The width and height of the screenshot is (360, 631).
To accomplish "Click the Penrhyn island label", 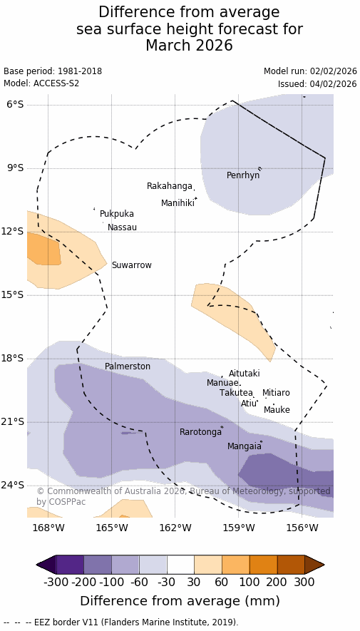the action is pos(243,175).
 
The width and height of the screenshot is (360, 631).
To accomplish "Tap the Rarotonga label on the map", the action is pos(201,432).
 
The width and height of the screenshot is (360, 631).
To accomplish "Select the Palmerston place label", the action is pos(128,366).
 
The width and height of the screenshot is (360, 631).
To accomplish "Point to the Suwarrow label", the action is pos(132,265).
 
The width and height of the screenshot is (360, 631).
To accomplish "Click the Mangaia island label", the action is pos(244,446).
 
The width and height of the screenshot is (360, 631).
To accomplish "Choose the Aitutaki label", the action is pos(244,374).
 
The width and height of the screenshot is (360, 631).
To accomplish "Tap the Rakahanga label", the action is pos(170,186).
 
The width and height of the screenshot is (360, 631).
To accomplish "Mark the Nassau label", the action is pos(123,227).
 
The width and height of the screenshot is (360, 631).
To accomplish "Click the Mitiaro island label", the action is pos(276,393).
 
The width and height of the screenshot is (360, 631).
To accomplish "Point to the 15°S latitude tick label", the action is pos(14,295).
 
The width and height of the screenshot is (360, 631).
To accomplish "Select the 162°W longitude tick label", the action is pos(175,528).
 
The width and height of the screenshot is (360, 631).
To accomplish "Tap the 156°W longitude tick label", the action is pos(302,528).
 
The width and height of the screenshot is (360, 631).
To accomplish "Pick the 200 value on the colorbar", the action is pos(277,582).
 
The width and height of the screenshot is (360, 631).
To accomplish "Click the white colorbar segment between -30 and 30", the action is pos(180,565).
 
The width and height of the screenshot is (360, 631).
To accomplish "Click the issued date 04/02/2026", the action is pos(333,84).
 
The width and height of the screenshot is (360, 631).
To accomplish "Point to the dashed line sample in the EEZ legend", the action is pos(17,622).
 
